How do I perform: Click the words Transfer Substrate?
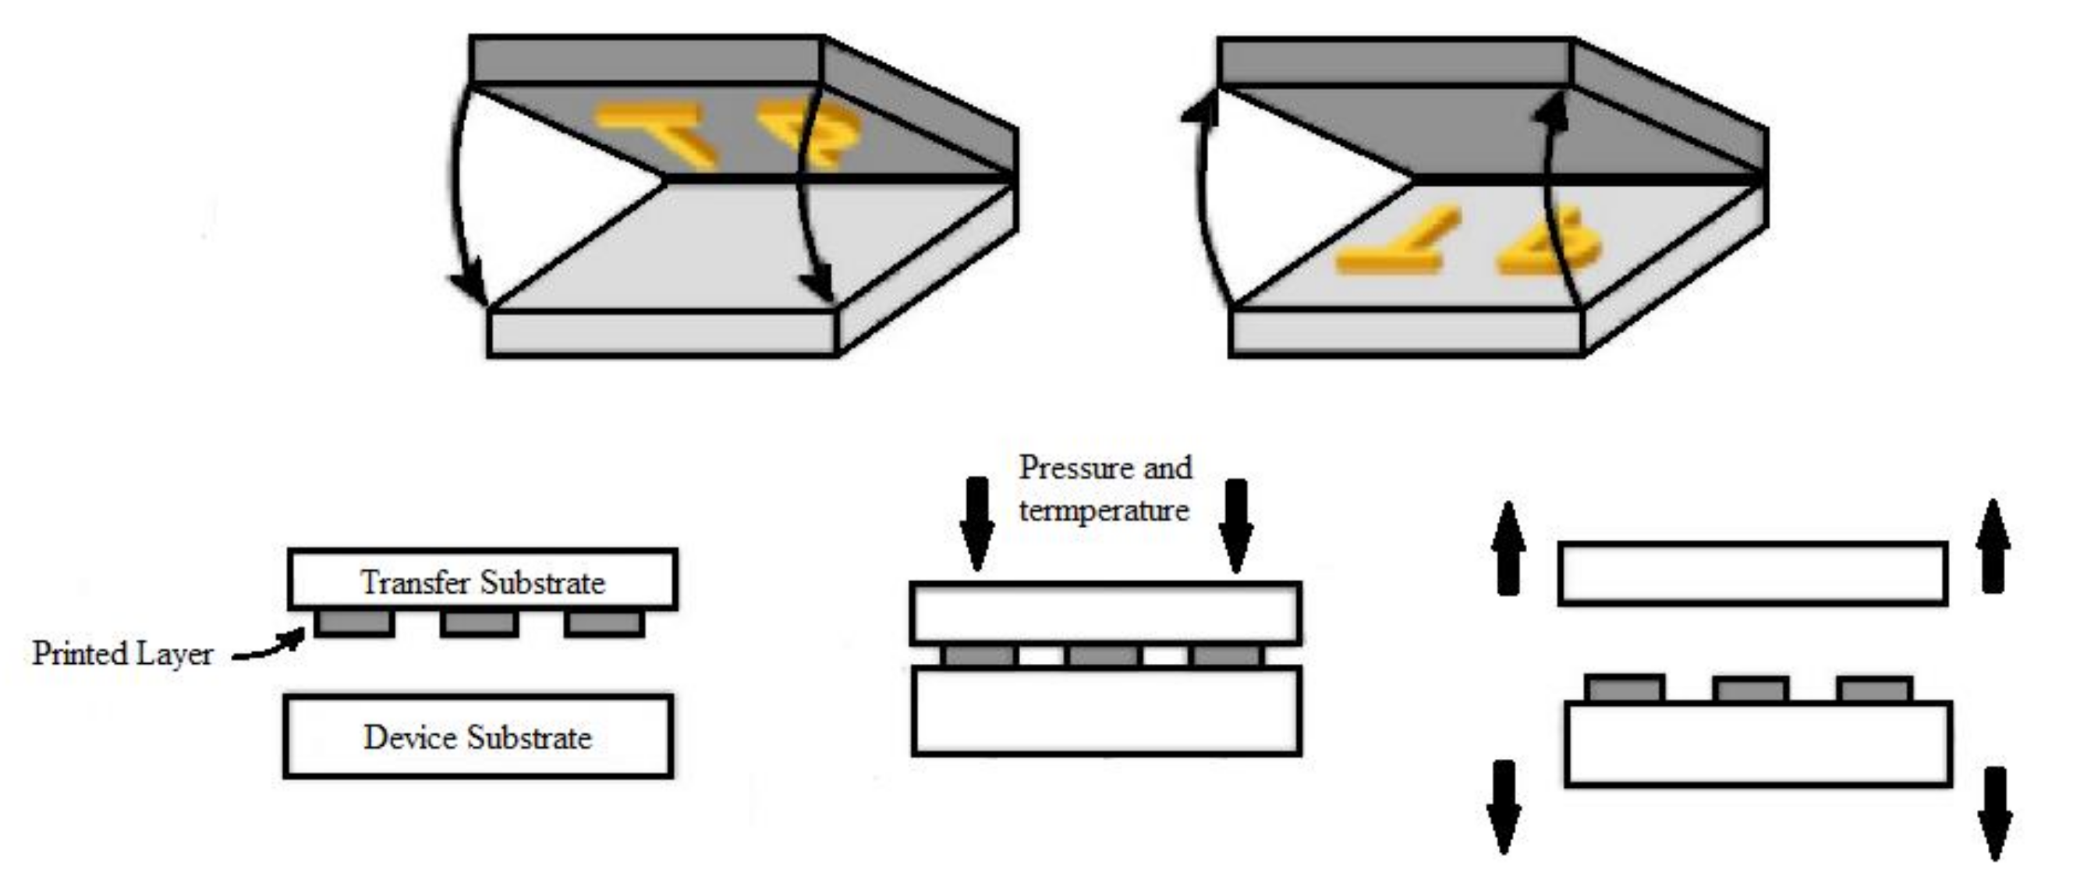(x=482, y=583)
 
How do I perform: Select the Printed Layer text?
(x=122, y=654)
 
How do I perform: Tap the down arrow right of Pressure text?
(x=1235, y=526)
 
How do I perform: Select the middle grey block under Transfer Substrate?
(x=480, y=623)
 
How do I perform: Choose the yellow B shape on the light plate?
(x=1549, y=246)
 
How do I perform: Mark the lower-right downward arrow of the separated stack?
(x=1995, y=813)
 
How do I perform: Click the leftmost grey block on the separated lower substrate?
(x=1625, y=689)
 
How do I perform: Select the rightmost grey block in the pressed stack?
(x=1227, y=656)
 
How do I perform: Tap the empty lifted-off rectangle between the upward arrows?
(x=1752, y=573)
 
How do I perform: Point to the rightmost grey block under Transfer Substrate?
(x=604, y=623)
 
